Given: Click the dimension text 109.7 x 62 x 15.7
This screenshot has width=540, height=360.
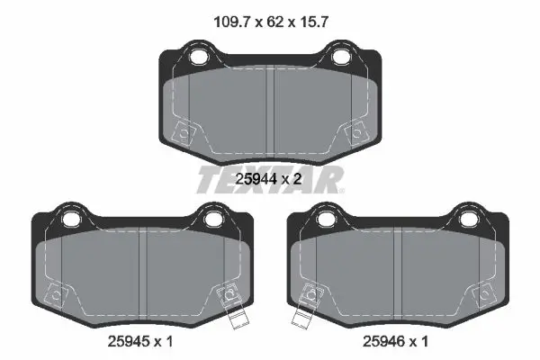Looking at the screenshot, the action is pos(271,22).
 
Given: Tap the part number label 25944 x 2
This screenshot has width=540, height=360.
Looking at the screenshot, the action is pos(268,179).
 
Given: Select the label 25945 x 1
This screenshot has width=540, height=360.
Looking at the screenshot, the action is pos(140,341).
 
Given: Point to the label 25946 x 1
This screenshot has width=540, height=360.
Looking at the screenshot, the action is pos(395,341).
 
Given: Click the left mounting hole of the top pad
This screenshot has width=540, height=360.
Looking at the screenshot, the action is pos(198,57).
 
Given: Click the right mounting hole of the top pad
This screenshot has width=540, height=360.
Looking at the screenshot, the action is pos(339,57).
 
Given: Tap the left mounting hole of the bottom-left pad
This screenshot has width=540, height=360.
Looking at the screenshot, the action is pos(70,219).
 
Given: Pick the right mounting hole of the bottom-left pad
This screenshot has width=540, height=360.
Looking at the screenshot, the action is pos(211,219).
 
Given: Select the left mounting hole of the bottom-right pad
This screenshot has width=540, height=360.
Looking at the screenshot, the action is pos(326,219).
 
